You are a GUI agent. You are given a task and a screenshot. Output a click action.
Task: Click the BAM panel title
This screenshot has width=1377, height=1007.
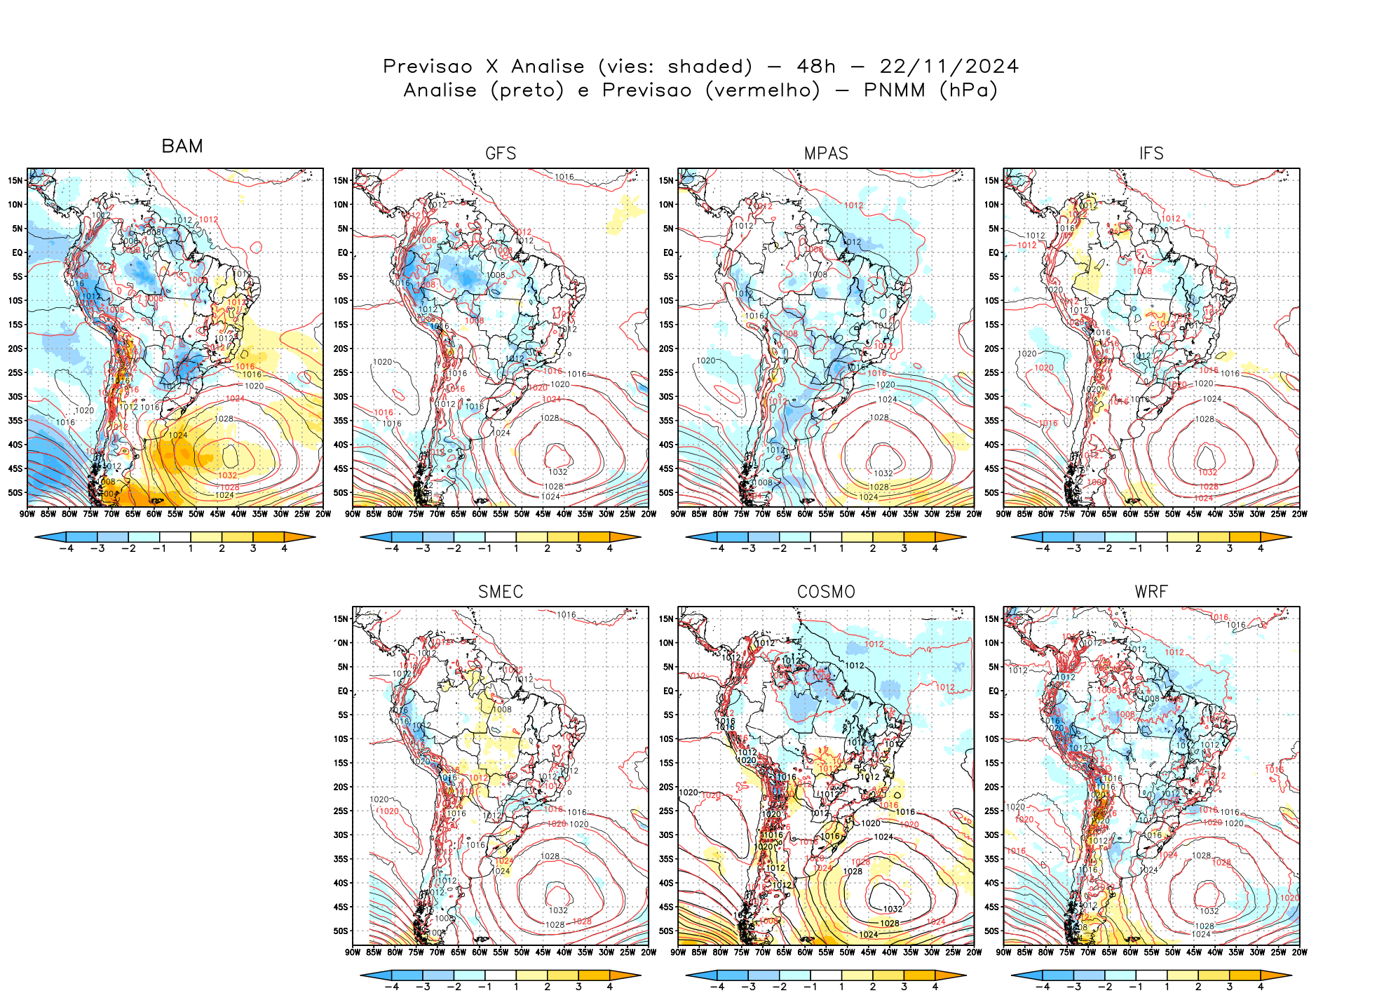click(182, 146)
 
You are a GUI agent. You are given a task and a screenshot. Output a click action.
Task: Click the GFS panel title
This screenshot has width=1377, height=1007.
click(501, 154)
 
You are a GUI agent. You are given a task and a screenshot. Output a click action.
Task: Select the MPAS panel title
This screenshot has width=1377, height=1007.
click(826, 154)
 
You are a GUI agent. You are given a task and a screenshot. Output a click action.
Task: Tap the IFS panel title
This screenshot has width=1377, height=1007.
click(1151, 154)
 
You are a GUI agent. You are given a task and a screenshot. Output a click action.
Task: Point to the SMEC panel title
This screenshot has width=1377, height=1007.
click(501, 592)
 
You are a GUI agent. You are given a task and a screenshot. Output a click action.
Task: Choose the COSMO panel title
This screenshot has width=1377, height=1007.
click(826, 592)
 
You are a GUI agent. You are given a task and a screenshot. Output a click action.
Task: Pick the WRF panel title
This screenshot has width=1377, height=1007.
click(1151, 592)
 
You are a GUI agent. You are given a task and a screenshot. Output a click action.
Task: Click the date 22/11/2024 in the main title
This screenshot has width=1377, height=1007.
click(949, 67)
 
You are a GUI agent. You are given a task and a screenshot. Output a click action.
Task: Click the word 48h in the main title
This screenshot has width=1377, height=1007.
click(816, 67)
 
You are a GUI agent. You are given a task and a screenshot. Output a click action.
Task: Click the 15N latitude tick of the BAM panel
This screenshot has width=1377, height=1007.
click(15, 180)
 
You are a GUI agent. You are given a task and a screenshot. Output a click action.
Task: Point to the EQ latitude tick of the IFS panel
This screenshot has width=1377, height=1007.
click(993, 252)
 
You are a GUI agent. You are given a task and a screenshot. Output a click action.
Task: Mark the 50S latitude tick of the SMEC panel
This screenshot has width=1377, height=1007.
click(341, 931)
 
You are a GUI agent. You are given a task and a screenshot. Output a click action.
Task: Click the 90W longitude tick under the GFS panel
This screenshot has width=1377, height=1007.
click(353, 514)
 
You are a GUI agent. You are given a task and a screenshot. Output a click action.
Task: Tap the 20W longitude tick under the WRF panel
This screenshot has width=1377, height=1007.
click(1299, 952)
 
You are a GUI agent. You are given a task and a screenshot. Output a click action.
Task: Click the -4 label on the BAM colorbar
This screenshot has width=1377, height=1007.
click(66, 548)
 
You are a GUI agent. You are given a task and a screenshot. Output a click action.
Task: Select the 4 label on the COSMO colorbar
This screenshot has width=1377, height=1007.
click(935, 987)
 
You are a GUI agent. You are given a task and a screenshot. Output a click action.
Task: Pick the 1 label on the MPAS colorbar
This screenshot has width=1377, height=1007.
click(841, 548)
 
